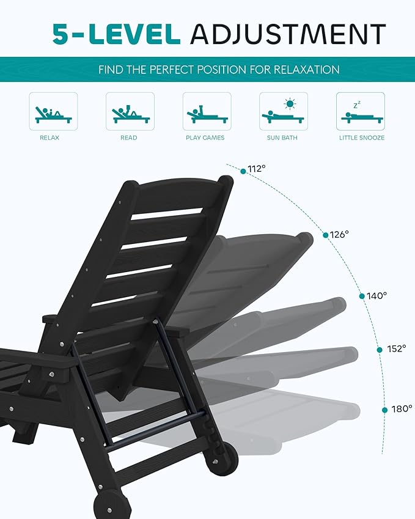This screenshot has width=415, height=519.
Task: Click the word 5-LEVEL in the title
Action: (116, 34)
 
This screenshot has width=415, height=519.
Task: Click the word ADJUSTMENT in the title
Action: (287, 34)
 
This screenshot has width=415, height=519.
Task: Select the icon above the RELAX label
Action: (53, 111)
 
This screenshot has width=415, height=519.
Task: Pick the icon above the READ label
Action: (130, 111)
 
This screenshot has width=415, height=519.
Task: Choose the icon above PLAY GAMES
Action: (207, 111)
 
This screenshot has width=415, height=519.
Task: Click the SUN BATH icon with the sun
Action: (283, 111)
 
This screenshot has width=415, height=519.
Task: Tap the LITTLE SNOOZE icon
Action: (360, 111)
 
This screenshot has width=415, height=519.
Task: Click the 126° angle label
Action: (339, 234)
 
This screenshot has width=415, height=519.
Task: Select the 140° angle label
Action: (377, 296)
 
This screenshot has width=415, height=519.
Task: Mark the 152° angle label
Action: (396, 349)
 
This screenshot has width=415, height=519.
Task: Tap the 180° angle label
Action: (402, 409)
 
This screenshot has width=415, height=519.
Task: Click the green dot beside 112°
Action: (243, 172)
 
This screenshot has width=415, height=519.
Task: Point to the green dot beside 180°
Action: (385, 410)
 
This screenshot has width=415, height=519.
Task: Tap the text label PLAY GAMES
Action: (205, 138)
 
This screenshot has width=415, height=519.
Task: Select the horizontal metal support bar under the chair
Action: (156, 432)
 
